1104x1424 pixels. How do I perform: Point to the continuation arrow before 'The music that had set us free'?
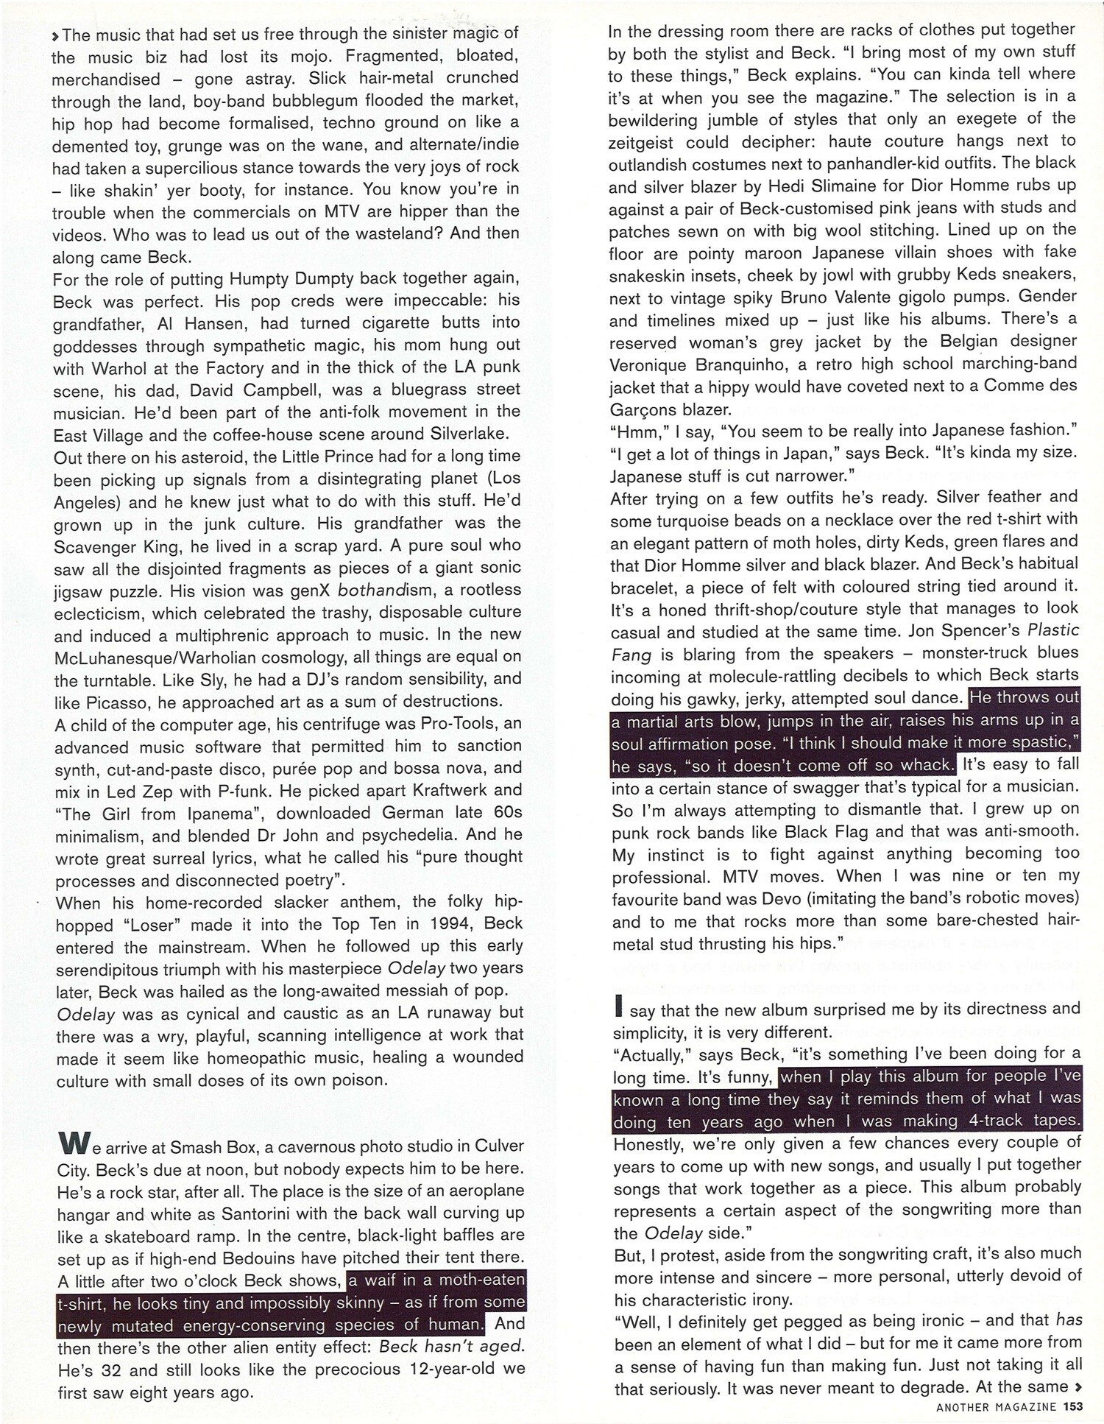click(x=56, y=35)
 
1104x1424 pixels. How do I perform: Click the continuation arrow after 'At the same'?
click(x=1078, y=1386)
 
